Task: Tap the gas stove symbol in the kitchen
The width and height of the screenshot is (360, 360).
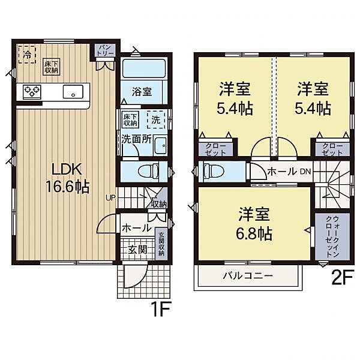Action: point(31,92)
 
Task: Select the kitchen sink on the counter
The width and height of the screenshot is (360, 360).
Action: point(73,92)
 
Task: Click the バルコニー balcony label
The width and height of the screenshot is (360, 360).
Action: point(248,277)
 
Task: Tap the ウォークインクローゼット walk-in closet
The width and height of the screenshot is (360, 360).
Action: point(328,237)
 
